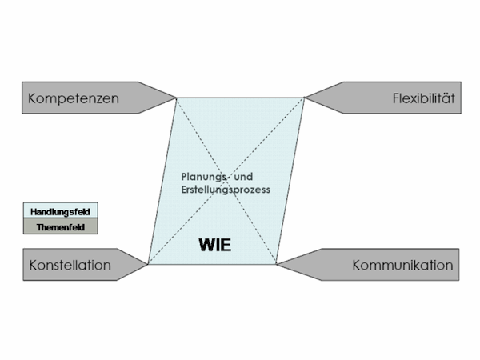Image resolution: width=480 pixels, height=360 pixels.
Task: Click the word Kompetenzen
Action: pyautogui.click(x=73, y=99)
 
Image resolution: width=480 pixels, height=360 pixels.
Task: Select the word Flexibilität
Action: pyautogui.click(x=423, y=99)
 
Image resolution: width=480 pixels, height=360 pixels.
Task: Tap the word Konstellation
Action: pyautogui.click(x=70, y=265)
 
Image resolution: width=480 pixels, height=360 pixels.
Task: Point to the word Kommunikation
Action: pyautogui.click(x=402, y=265)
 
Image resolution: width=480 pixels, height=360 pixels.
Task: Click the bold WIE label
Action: pyautogui.click(x=215, y=246)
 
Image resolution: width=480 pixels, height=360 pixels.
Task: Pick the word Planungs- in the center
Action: pyautogui.click(x=203, y=175)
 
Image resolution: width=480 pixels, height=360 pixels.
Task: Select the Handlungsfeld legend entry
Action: pyautogui.click(x=62, y=212)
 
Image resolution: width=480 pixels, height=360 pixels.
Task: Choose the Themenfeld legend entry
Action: pyautogui.click(x=62, y=227)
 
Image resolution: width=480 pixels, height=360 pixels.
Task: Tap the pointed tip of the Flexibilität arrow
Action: pyautogui.click(x=306, y=98)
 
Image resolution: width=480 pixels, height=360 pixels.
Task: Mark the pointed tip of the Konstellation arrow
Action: pyautogui.click(x=148, y=264)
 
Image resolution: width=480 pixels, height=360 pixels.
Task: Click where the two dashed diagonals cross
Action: pyautogui.click(x=226, y=181)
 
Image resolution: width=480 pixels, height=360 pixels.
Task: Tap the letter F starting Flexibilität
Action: pyautogui.click(x=396, y=99)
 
